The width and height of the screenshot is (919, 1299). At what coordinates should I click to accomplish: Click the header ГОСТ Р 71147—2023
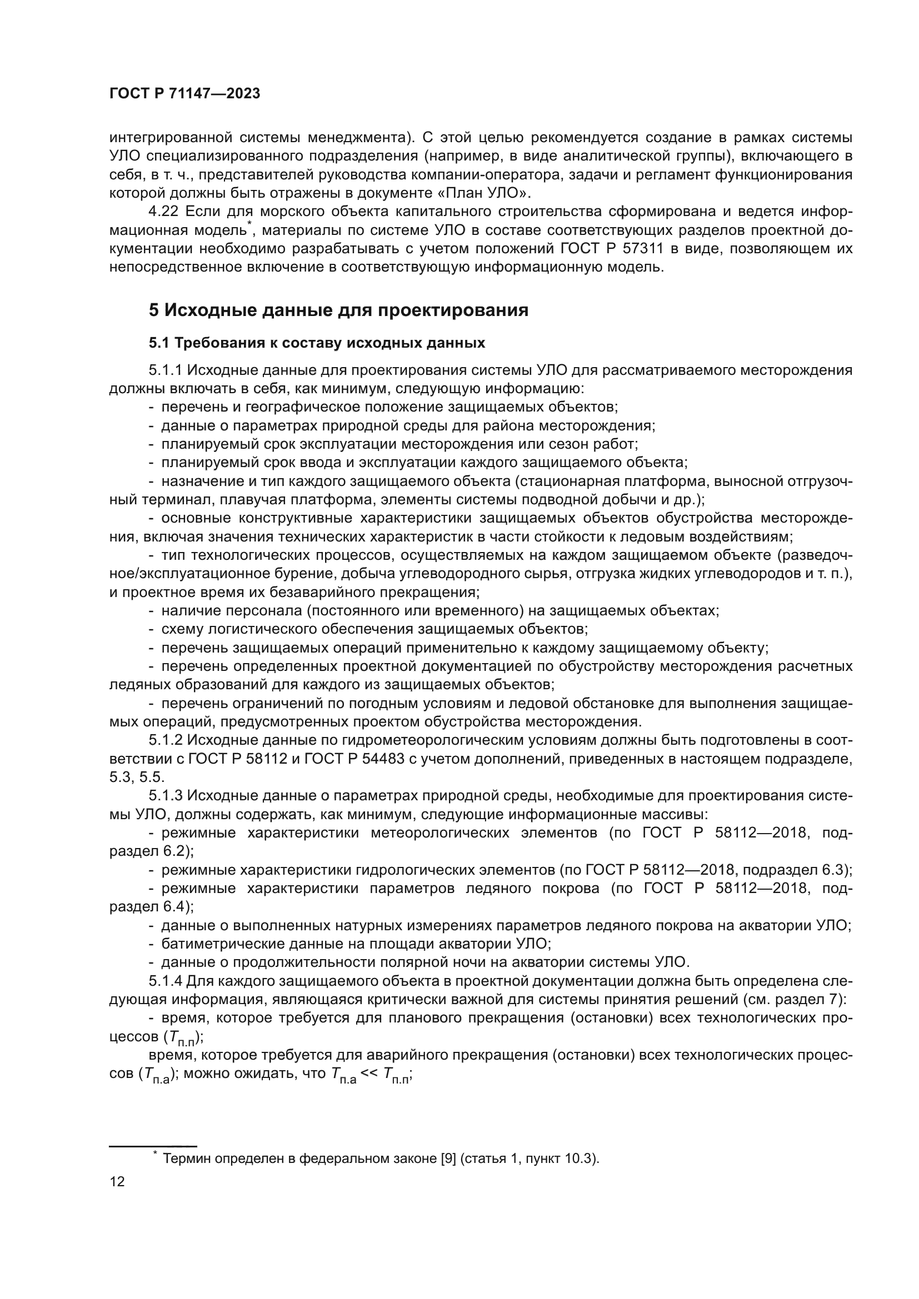(x=184, y=94)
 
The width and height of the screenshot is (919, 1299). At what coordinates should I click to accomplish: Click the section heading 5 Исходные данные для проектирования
(x=338, y=310)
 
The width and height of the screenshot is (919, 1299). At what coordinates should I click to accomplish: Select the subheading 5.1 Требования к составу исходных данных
(x=317, y=343)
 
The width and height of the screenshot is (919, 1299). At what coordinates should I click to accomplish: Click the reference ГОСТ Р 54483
(x=354, y=759)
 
